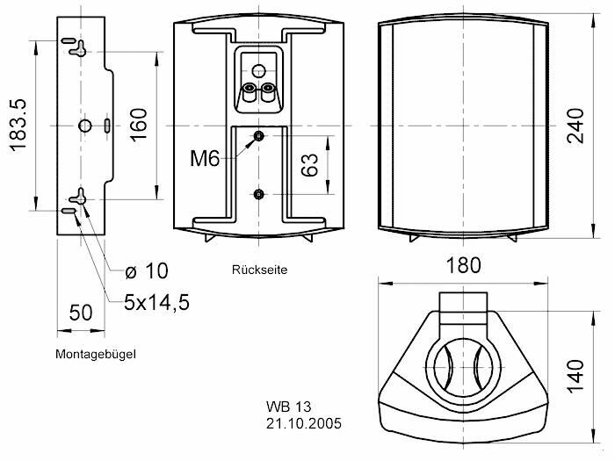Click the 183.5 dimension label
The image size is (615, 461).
[x=18, y=125]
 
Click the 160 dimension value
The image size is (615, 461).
[x=138, y=125]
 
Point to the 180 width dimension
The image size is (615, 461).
[x=463, y=264]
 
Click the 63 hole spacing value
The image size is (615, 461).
[x=308, y=164]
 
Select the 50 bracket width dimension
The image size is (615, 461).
[x=81, y=313]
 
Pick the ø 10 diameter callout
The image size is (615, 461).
[x=144, y=270]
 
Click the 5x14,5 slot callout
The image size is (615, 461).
[x=156, y=303]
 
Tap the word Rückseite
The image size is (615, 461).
[x=259, y=270]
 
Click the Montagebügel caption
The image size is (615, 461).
[x=96, y=354]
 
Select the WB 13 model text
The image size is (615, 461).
[x=288, y=407]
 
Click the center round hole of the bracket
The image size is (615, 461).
[x=83, y=126]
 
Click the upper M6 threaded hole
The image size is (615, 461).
[x=258, y=136]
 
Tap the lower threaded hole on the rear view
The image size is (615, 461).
[x=258, y=193]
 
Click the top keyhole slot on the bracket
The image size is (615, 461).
[x=78, y=46]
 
